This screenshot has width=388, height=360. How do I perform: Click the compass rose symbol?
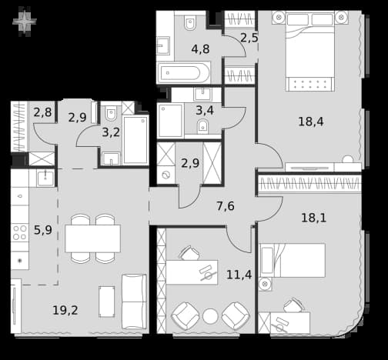[x=25, y=22]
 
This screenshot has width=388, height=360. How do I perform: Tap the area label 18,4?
[x=311, y=122]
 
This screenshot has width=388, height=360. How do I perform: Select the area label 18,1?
[x=313, y=218]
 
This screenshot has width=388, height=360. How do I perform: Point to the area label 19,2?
[x=65, y=310]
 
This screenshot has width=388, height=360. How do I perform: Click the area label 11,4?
[x=239, y=275]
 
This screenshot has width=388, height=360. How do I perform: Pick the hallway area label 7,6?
[x=226, y=206]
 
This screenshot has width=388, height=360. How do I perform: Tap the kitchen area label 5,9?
[x=43, y=230]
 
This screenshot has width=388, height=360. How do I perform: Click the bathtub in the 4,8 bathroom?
[x=182, y=73]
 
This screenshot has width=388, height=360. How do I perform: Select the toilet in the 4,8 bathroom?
[x=189, y=22]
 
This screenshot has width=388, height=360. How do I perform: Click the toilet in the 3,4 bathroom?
[x=202, y=126]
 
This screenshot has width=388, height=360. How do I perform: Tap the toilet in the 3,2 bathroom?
[x=111, y=113]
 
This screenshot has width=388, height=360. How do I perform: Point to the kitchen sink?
[x=45, y=178]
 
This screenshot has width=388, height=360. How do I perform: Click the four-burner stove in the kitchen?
[x=20, y=232]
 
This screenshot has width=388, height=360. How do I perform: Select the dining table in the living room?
[x=92, y=238]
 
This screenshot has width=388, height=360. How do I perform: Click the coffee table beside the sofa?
[x=107, y=302]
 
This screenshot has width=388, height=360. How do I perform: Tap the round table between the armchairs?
[x=210, y=316]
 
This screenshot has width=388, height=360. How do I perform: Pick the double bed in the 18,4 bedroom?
[x=310, y=52]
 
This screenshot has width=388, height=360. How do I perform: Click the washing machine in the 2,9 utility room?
[x=166, y=175]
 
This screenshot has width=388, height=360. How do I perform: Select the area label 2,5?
[x=249, y=38]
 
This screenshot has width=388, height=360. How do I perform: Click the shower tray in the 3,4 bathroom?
[x=170, y=120]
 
